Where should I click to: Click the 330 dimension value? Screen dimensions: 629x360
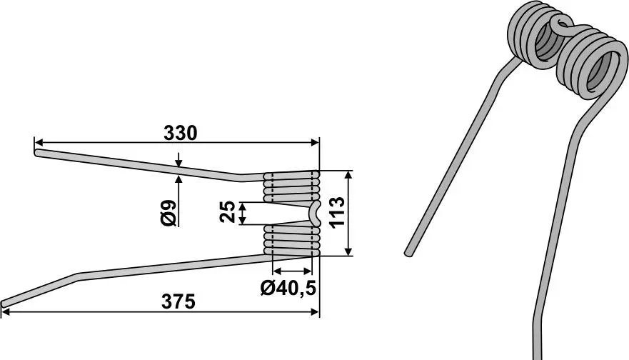tap(180, 134)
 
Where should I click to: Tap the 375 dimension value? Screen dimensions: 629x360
tap(178, 302)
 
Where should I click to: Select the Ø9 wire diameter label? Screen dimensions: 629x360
tap(168, 212)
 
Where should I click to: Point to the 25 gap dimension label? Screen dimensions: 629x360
tap(227, 211)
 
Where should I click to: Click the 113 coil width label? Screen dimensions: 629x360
tap(337, 212)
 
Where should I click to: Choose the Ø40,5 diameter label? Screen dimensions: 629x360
tap(288, 288)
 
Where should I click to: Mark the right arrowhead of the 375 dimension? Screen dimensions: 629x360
tap(314, 312)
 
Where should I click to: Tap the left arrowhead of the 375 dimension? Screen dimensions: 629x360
tap(6, 312)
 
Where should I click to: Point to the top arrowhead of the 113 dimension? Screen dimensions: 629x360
tap(349, 176)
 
